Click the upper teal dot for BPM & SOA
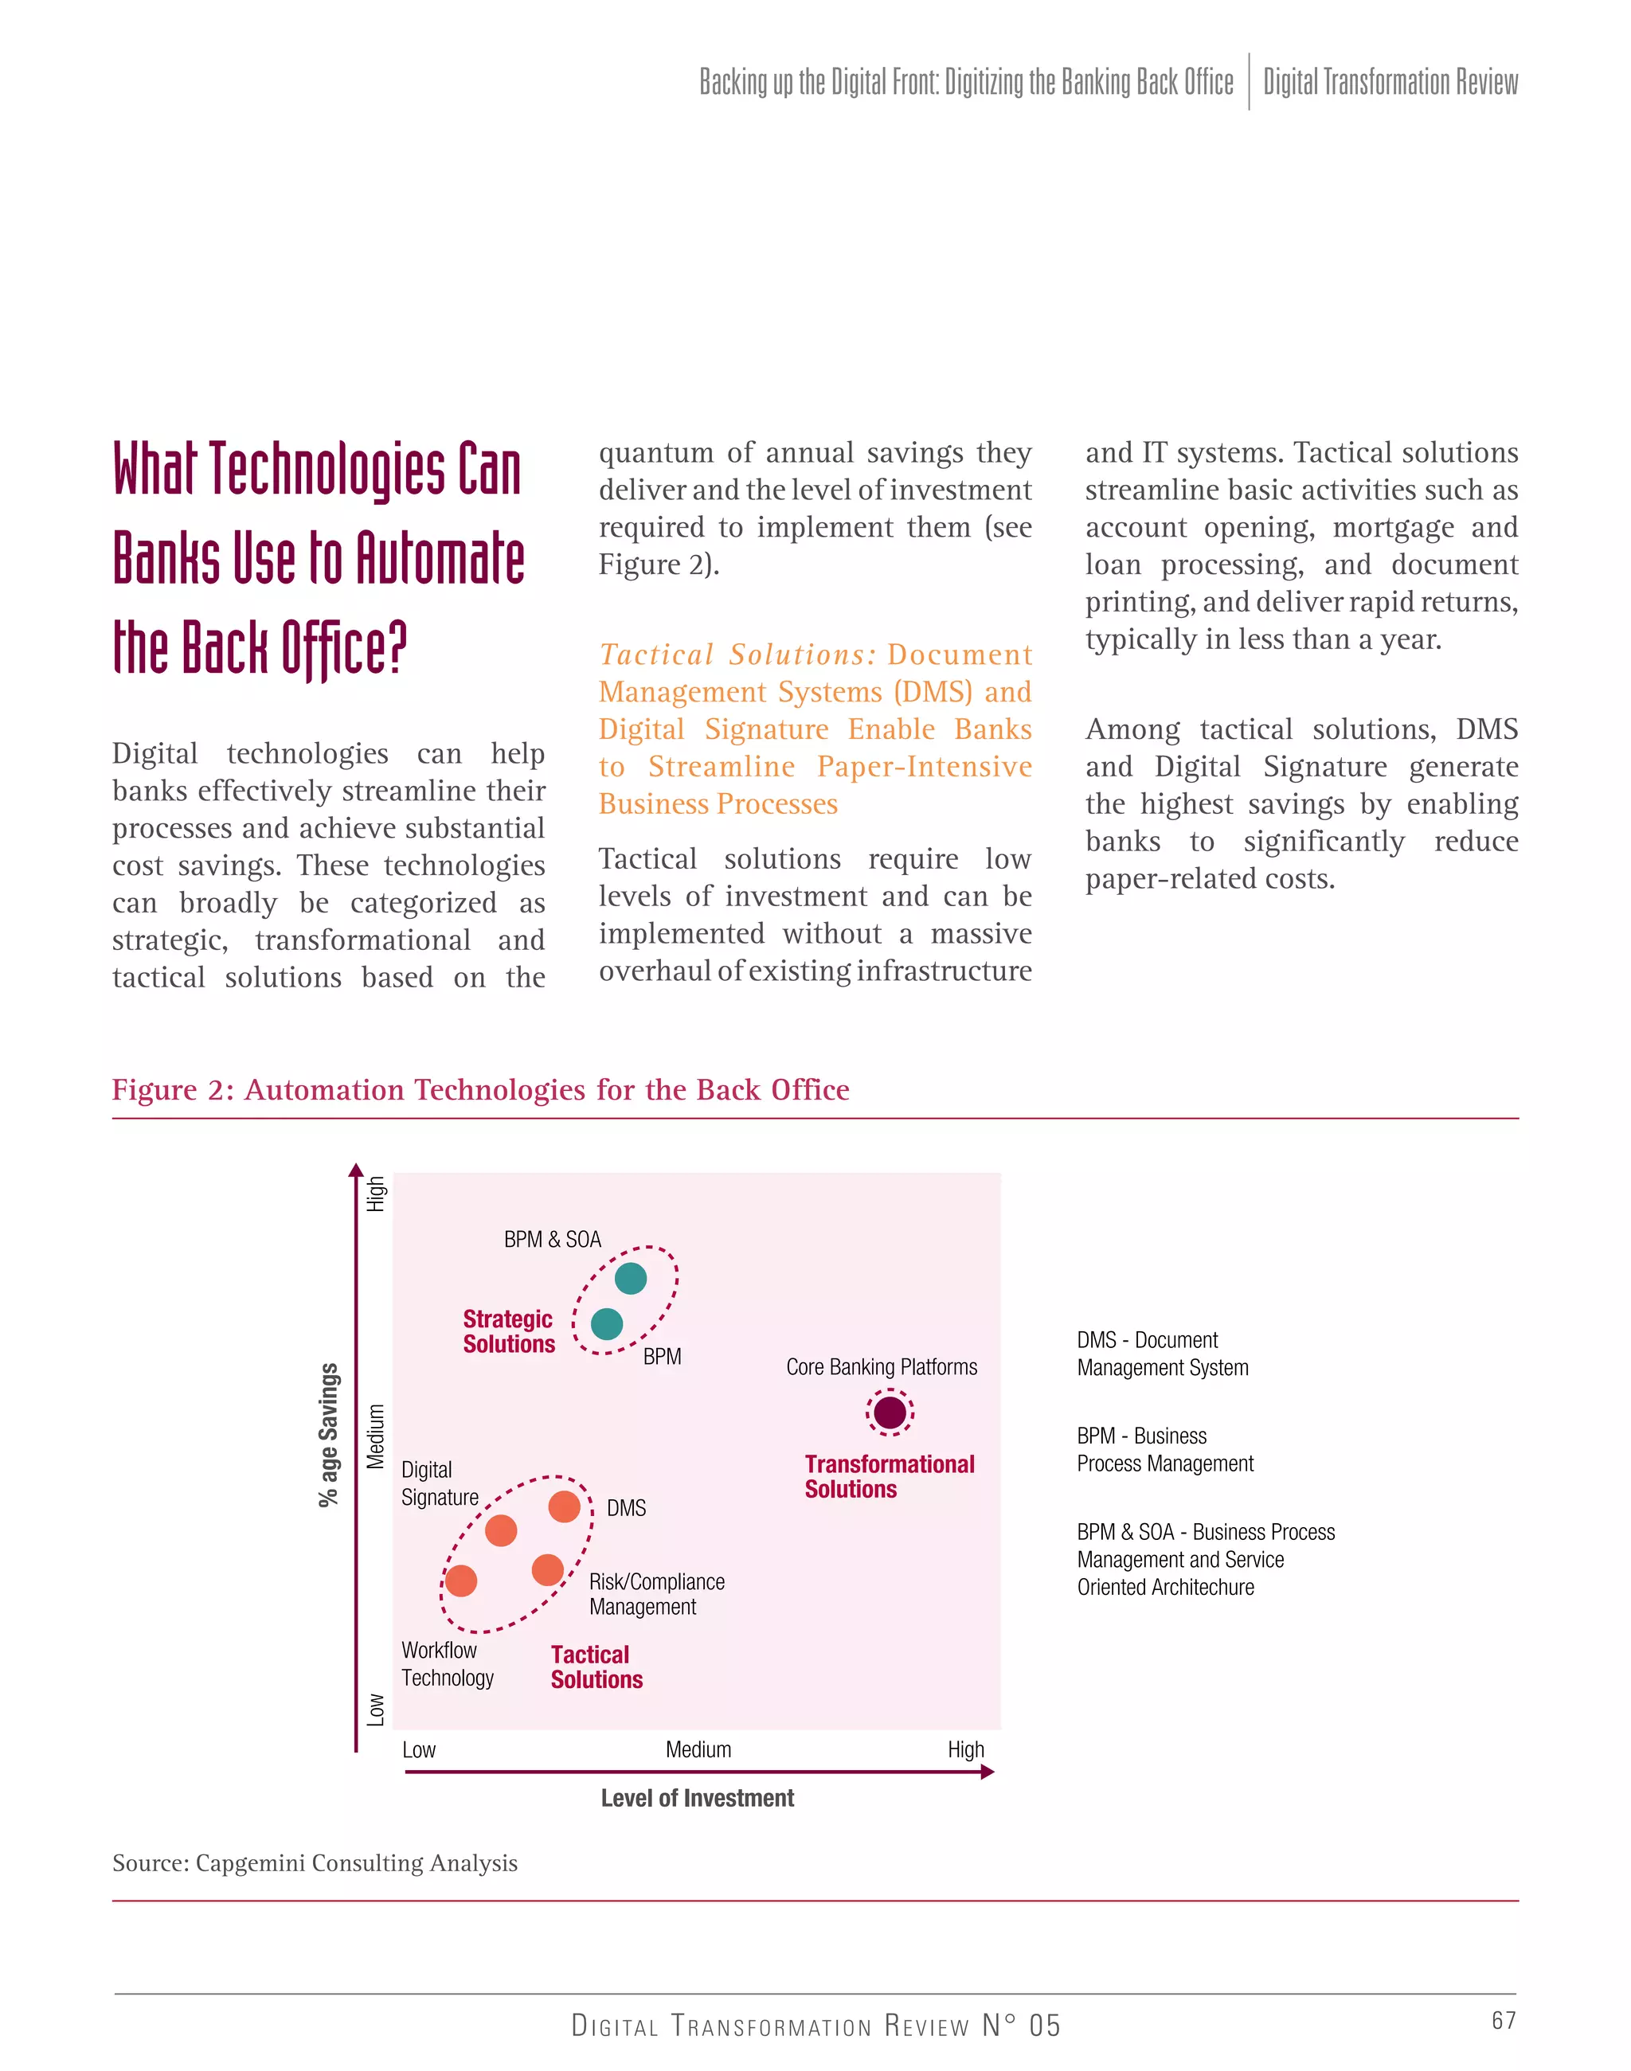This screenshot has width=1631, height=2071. pyautogui.click(x=630, y=1277)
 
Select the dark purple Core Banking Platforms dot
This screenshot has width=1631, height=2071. pyautogui.click(x=890, y=1413)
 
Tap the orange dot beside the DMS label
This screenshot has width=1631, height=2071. pyautogui.click(x=565, y=1506)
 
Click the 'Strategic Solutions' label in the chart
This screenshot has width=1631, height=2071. pyautogui.click(x=508, y=1331)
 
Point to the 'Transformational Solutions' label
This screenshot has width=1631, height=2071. pyautogui.click(x=889, y=1476)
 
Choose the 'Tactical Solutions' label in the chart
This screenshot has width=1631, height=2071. pyautogui.click(x=596, y=1667)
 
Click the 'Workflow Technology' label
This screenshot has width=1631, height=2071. pyautogui.click(x=447, y=1663)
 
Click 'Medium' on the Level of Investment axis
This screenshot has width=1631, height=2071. pyautogui.click(x=698, y=1749)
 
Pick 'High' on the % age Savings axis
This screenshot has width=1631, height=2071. pyautogui.click(x=376, y=1194)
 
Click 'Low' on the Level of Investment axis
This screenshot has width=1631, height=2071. pyautogui.click(x=418, y=1749)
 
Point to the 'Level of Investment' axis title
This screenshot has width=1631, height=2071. pyautogui.click(x=697, y=1798)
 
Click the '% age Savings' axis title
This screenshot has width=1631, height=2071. pyautogui.click(x=327, y=1435)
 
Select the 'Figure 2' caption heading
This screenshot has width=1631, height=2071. pyautogui.click(x=480, y=1089)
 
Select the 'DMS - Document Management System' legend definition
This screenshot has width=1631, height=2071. pyautogui.click(x=1162, y=1353)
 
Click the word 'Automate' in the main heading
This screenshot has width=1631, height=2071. pyautogui.click(x=440, y=559)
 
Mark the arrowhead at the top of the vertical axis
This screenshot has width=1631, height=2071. pyautogui.click(x=356, y=1170)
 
